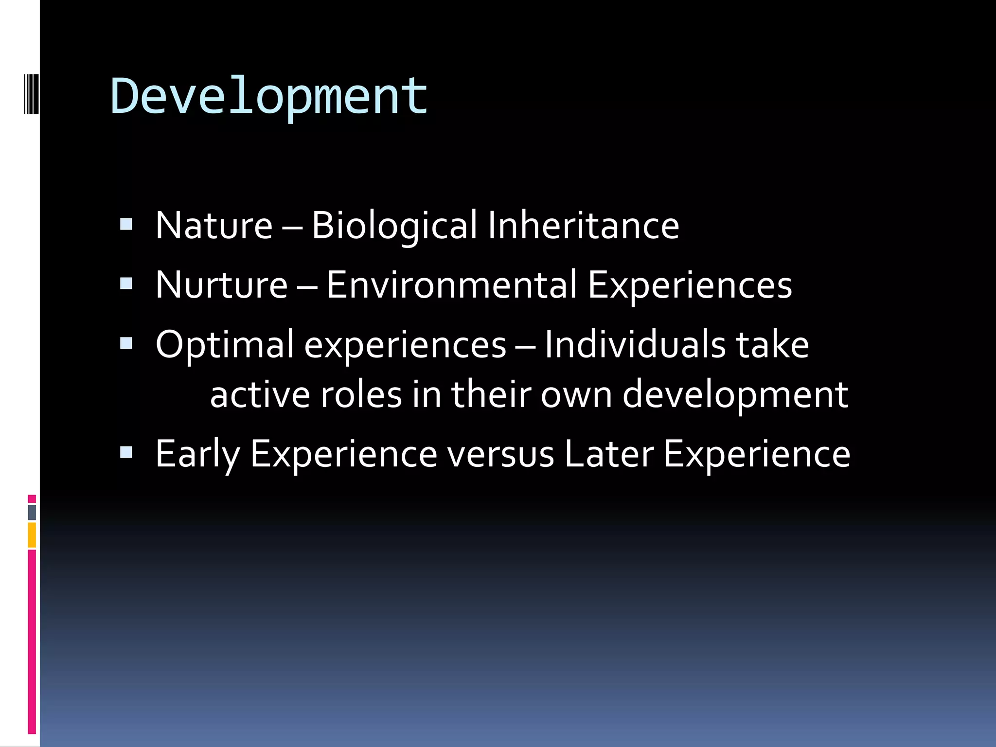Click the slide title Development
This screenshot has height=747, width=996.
pyautogui.click(x=269, y=97)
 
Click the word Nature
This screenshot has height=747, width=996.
pyautogui.click(x=214, y=226)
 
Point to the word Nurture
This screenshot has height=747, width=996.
pyautogui.click(x=221, y=285)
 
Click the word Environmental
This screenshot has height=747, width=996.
pyautogui.click(x=451, y=285)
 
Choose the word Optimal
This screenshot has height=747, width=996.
pyautogui.click(x=225, y=345)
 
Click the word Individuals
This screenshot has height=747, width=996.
pyautogui.click(x=635, y=345)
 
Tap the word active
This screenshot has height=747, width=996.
pyautogui.click(x=260, y=394)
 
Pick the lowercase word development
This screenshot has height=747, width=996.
pyautogui.click(x=735, y=394)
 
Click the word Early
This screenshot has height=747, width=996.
pyautogui.click(x=197, y=454)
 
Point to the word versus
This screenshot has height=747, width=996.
pyautogui.click(x=500, y=454)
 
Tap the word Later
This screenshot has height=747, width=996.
pyautogui.click(x=609, y=454)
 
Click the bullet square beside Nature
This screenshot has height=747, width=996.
pyautogui.click(x=126, y=224)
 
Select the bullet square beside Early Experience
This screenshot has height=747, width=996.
pyautogui.click(x=126, y=453)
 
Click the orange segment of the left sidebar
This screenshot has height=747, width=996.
pyautogui.click(x=32, y=534)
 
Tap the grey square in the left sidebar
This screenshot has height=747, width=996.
pyautogui.click(x=32, y=512)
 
